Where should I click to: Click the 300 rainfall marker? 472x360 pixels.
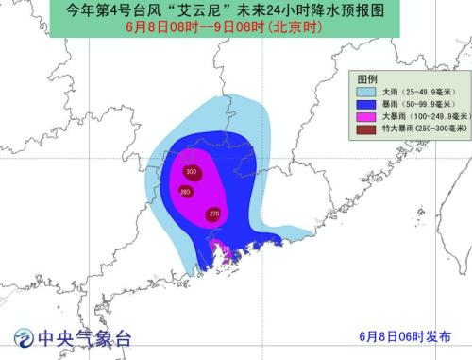[192, 172]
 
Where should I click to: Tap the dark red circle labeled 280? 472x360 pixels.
[185, 192]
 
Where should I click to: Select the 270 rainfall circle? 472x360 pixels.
[213, 214]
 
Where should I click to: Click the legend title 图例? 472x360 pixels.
[366, 78]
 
